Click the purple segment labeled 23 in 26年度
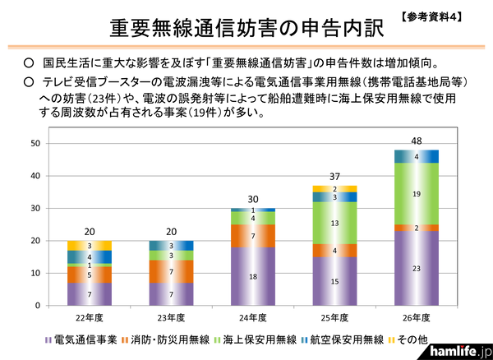click(416, 268)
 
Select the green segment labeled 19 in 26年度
click(416, 193)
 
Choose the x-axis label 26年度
click(416, 316)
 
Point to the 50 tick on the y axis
click(35, 144)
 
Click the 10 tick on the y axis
click(35, 273)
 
